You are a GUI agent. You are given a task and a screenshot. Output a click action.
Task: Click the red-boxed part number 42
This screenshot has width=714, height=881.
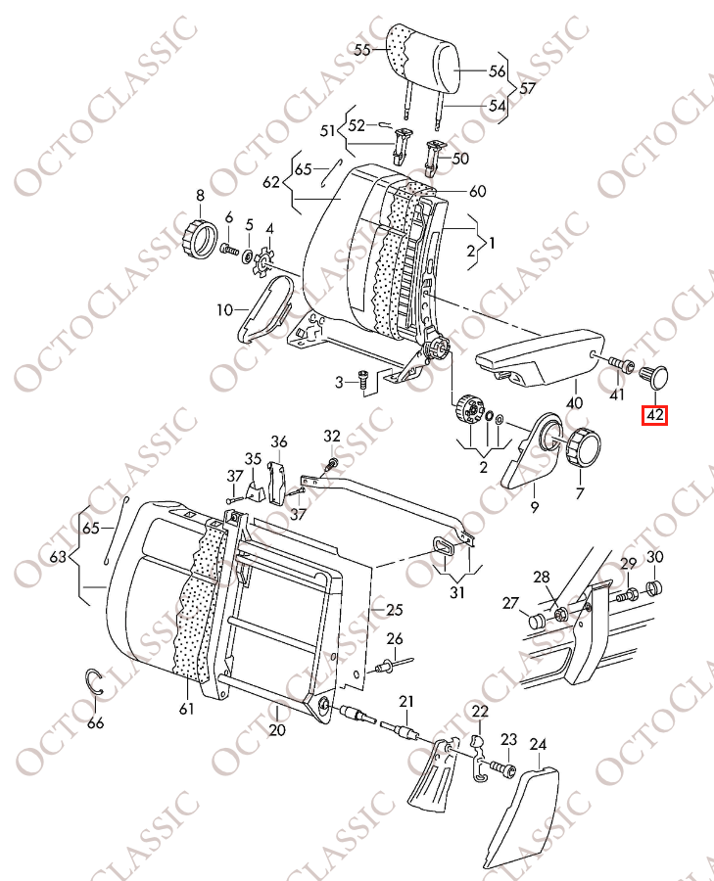(x=655, y=415)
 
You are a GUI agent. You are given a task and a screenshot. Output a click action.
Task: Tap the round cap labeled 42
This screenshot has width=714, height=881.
(x=655, y=377)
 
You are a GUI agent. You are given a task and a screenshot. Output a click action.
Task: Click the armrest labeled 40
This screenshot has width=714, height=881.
(x=541, y=359)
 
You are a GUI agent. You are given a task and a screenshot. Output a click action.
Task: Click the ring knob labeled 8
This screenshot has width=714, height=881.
(x=201, y=239)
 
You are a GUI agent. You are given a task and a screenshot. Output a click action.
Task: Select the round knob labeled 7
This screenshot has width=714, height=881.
(x=584, y=446)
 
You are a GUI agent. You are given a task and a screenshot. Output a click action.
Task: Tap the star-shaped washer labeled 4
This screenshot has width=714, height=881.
(x=263, y=262)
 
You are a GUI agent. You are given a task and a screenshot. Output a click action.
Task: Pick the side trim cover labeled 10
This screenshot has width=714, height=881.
(x=264, y=308)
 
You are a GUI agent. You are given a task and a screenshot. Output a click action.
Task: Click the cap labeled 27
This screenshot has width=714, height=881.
(x=538, y=622)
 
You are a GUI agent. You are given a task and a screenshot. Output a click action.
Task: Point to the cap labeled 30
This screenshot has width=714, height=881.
(x=654, y=588)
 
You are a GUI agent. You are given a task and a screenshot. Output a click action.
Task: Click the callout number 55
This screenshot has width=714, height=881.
(x=362, y=50)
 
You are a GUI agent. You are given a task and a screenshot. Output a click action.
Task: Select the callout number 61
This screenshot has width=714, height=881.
(x=186, y=709)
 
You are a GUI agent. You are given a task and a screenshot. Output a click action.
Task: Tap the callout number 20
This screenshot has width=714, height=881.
(x=278, y=730)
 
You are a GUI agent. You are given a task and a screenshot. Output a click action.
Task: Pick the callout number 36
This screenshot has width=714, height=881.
(x=279, y=441)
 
